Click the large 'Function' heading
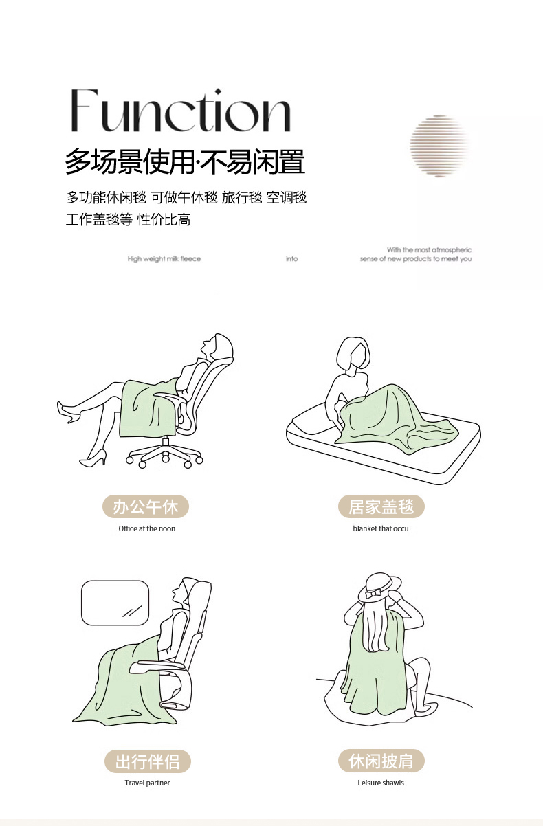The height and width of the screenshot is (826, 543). pyautogui.click(x=181, y=110)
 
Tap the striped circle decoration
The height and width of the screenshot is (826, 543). pyautogui.click(x=439, y=146)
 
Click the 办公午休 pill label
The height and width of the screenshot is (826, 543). pyautogui.click(x=146, y=506)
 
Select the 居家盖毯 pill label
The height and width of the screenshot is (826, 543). pyautogui.click(x=381, y=506)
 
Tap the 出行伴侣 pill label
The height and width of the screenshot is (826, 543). pyautogui.click(x=148, y=761)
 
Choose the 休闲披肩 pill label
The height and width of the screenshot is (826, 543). pyautogui.click(x=381, y=761)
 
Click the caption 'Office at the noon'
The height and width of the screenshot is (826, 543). pyautogui.click(x=147, y=528)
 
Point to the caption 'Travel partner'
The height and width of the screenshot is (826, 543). pyautogui.click(x=147, y=783)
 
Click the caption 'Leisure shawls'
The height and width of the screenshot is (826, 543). pyautogui.click(x=381, y=783)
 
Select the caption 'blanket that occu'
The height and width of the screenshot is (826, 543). pyautogui.click(x=381, y=528)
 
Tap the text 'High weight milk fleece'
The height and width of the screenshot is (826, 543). pyautogui.click(x=164, y=259)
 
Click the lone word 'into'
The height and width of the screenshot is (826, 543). pyautogui.click(x=292, y=259)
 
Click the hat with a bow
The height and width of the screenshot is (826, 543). pyautogui.click(x=379, y=588)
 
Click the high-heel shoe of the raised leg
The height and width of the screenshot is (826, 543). pyautogui.click(x=69, y=412)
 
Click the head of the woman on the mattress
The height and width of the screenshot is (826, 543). pyautogui.click(x=353, y=355)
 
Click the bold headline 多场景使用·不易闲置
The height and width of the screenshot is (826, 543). pyautogui.click(x=185, y=161)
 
